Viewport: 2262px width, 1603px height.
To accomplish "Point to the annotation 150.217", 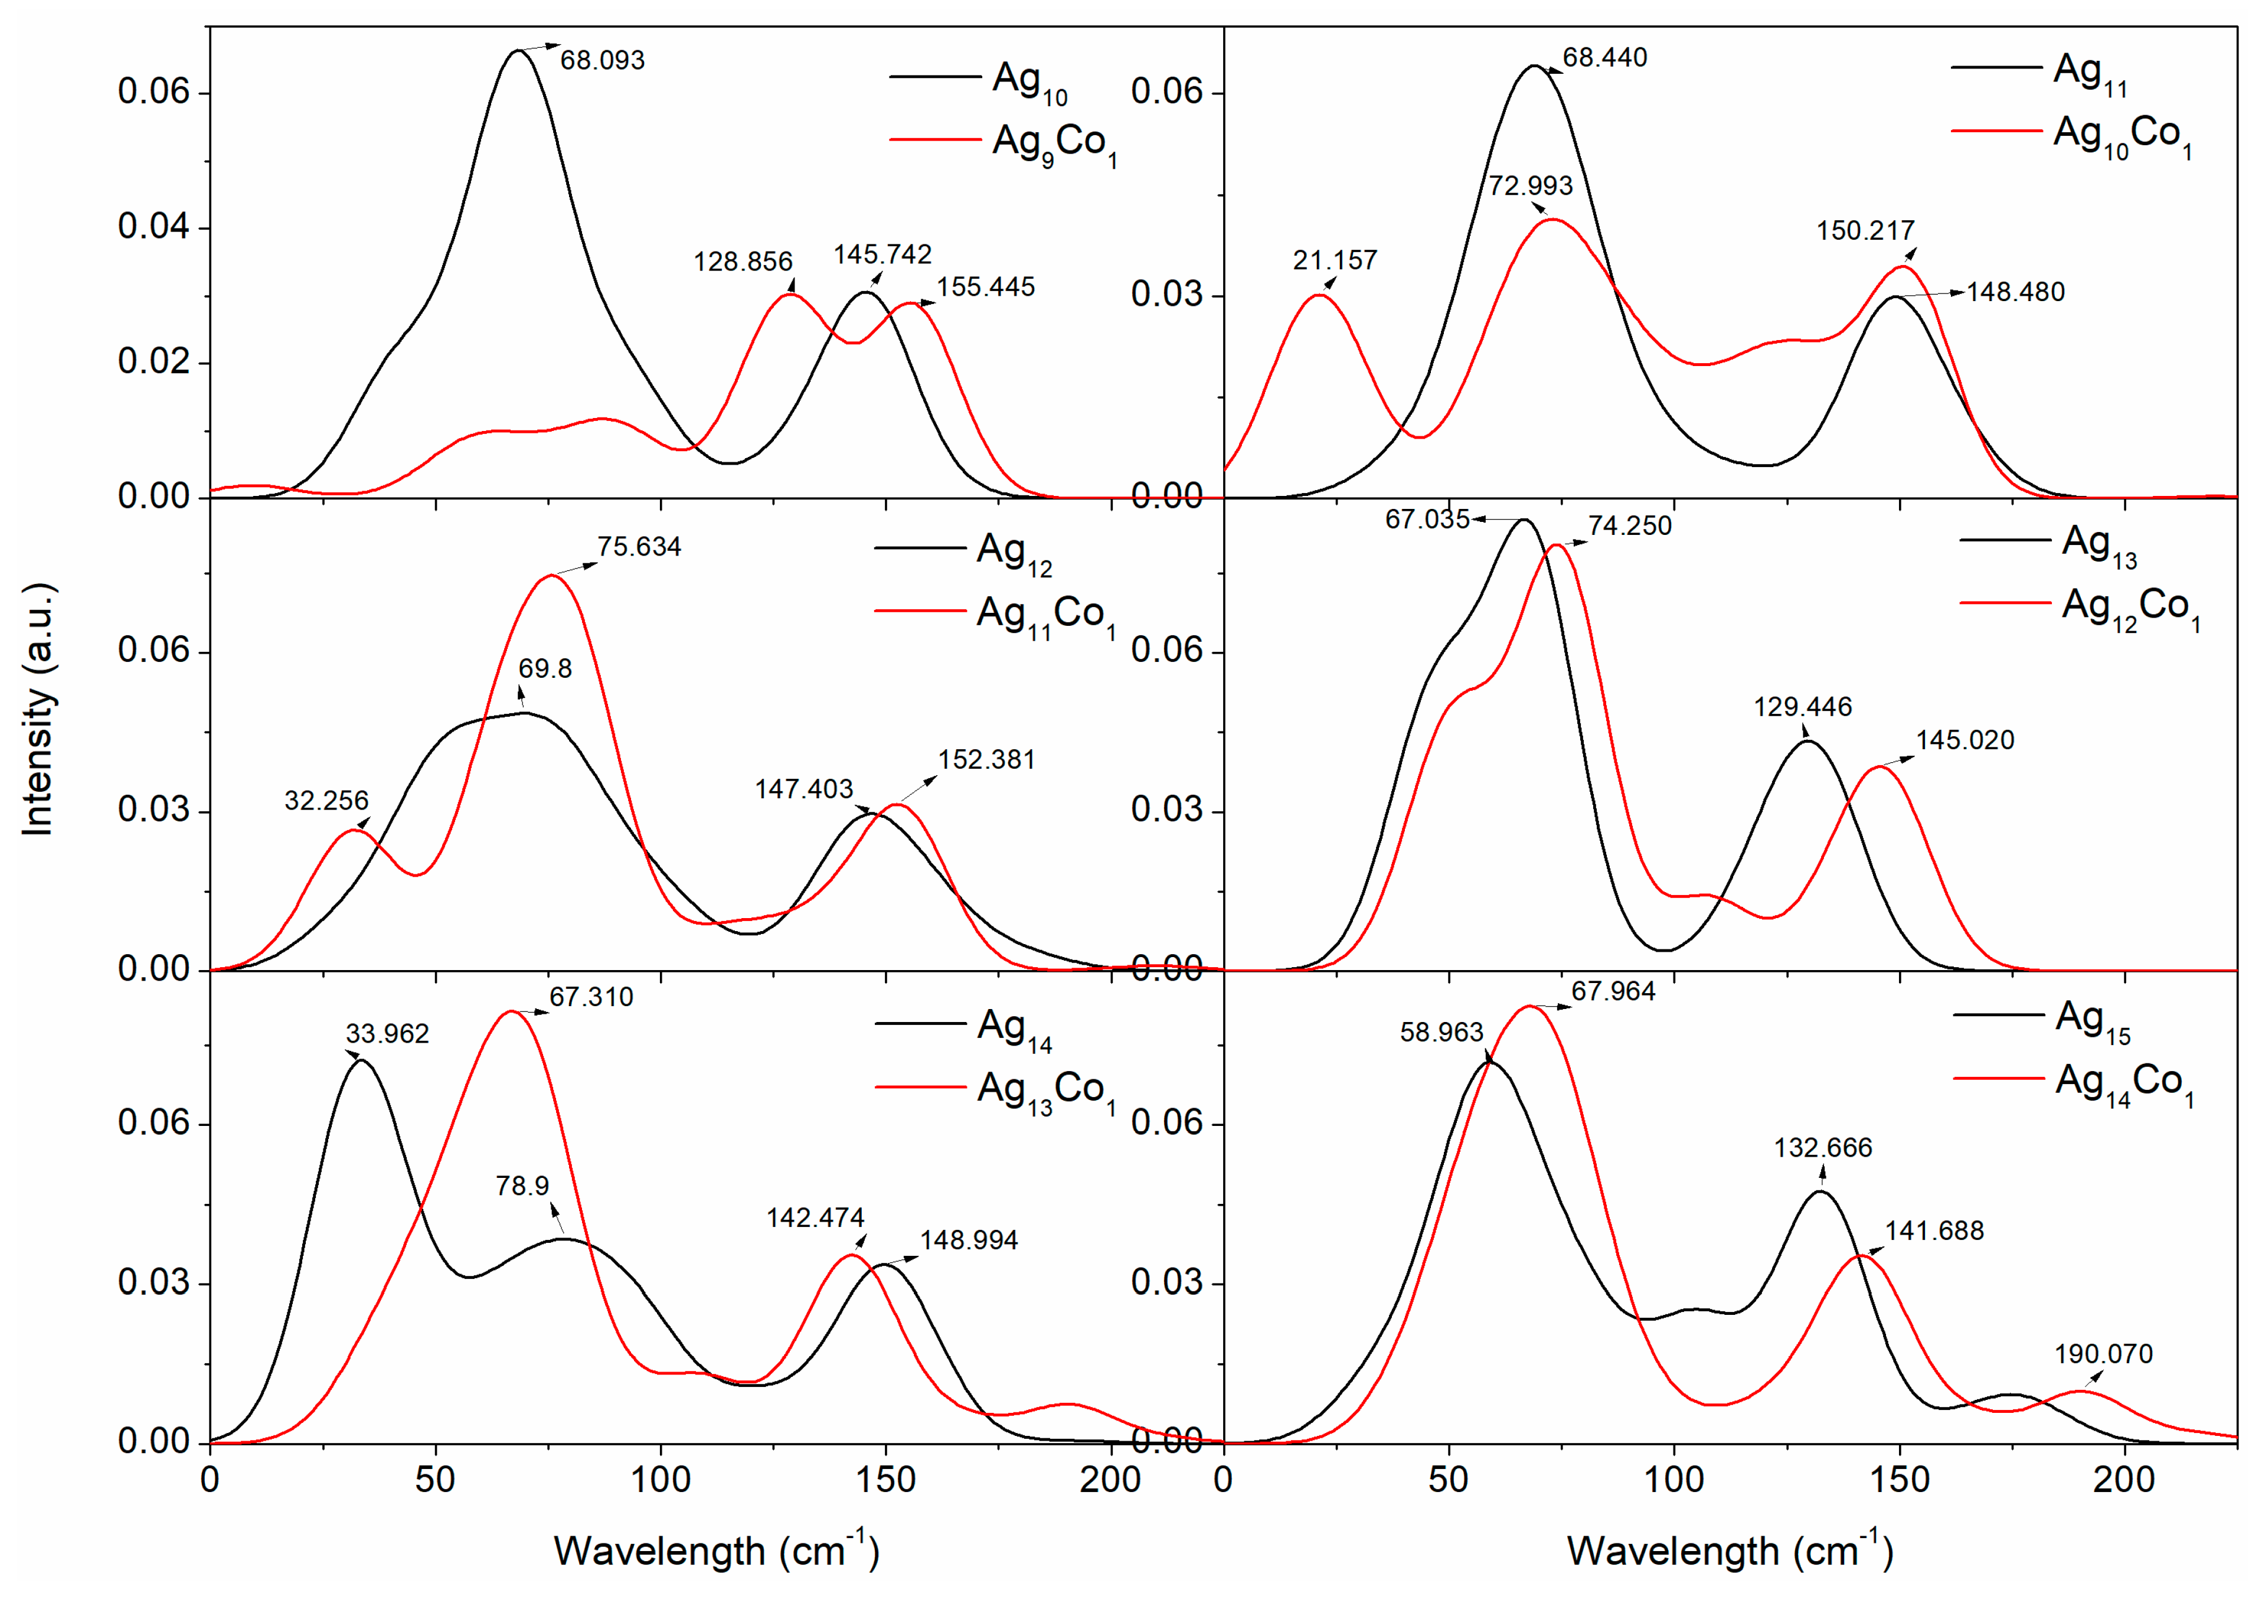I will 1865,231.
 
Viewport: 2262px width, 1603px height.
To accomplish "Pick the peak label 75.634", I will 639,547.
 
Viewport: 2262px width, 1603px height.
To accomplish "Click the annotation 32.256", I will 326,801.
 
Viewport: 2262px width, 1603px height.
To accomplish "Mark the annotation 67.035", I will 1427,519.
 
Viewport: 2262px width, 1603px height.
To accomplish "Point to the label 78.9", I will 522,1186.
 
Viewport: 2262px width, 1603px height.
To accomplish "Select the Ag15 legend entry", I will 2092,1018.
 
